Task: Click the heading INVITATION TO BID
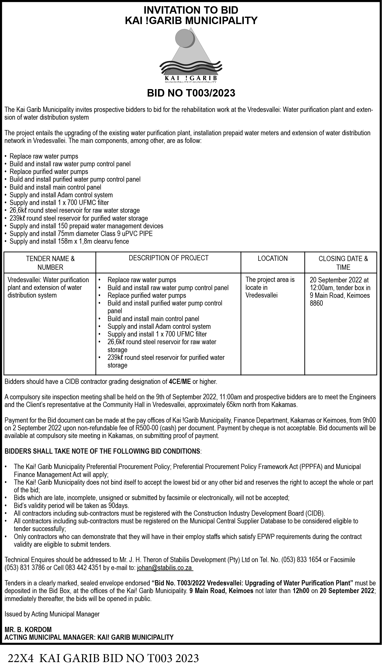pyautogui.click(x=191, y=10)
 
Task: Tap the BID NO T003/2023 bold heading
pyautogui.click(x=191, y=93)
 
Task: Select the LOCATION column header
pyautogui.click(x=273, y=259)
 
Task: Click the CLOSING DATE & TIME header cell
pyautogui.click(x=343, y=263)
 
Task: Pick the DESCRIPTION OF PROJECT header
pyautogui.click(x=168, y=258)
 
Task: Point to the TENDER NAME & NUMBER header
pyautogui.click(x=50, y=263)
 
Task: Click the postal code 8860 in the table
pyautogui.click(x=317, y=303)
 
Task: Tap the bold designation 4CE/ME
pyautogui.click(x=180, y=381)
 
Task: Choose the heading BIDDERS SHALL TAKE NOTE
pyautogui.click(x=102, y=451)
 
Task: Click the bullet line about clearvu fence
pyautogui.click(x=69, y=241)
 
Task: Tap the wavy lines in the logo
pyautogui.click(x=191, y=67)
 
